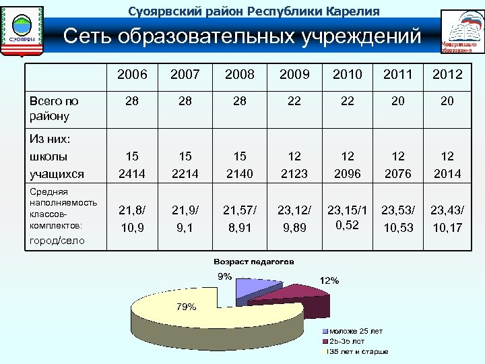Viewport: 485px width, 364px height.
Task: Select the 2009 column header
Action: (293, 74)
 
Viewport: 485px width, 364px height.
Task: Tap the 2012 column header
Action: (447, 74)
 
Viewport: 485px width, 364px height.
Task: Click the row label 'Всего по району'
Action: (54, 108)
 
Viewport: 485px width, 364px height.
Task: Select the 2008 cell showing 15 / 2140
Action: (240, 164)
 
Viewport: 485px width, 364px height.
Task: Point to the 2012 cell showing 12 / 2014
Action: (447, 164)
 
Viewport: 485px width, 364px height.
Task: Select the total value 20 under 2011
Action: (397, 100)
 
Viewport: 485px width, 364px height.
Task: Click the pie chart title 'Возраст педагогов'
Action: (253, 262)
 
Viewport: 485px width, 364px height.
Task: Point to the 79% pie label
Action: (187, 307)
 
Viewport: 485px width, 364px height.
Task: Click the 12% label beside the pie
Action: (329, 280)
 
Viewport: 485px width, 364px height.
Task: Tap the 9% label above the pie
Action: (224, 276)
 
